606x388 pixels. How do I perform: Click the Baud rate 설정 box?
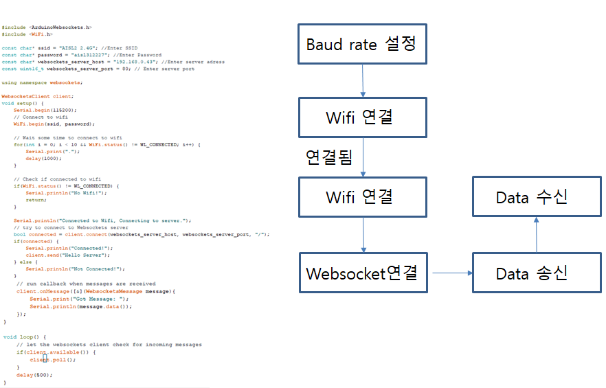pyautogui.click(x=361, y=45)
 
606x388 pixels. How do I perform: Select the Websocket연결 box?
pyautogui.click(x=361, y=273)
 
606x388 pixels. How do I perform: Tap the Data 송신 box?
pyautogui.click(x=531, y=273)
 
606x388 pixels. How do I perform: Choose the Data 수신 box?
pyautogui.click(x=531, y=197)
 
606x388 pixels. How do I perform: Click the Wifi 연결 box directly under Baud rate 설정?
pyautogui.click(x=361, y=117)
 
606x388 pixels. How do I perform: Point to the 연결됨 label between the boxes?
pyautogui.click(x=328, y=157)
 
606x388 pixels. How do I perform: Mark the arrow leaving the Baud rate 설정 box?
pyautogui.click(x=362, y=80)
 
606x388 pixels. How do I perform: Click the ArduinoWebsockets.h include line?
pyautogui.click(x=47, y=27)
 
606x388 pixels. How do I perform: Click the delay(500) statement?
pyautogui.click(x=34, y=375)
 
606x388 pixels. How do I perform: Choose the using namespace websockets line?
pyautogui.click(x=42, y=82)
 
